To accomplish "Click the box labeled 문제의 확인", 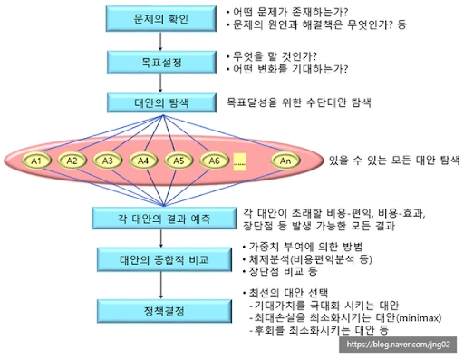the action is point(161,19).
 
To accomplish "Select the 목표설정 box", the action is point(161,63).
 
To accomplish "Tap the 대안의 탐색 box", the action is point(161,102).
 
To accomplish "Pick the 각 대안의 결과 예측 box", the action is point(164,219).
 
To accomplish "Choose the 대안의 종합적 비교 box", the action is point(164,259).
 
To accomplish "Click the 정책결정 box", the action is point(164,311).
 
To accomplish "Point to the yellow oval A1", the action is point(36,161).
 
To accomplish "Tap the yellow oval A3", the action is point(108,161).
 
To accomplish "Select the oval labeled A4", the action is point(143,161).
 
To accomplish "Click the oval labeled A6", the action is point(215,161).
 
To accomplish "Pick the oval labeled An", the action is point(285,161).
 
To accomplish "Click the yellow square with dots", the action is point(240,162).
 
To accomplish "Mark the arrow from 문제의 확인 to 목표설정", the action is point(160,41).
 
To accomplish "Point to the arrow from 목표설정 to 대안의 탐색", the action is point(160,83).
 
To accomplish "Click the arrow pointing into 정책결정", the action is point(161,285).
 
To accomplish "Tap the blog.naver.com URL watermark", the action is point(398,345).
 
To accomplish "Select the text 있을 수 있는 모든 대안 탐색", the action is point(394,161).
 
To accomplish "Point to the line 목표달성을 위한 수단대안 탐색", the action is point(299,102).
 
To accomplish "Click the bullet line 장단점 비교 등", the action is point(280,271).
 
